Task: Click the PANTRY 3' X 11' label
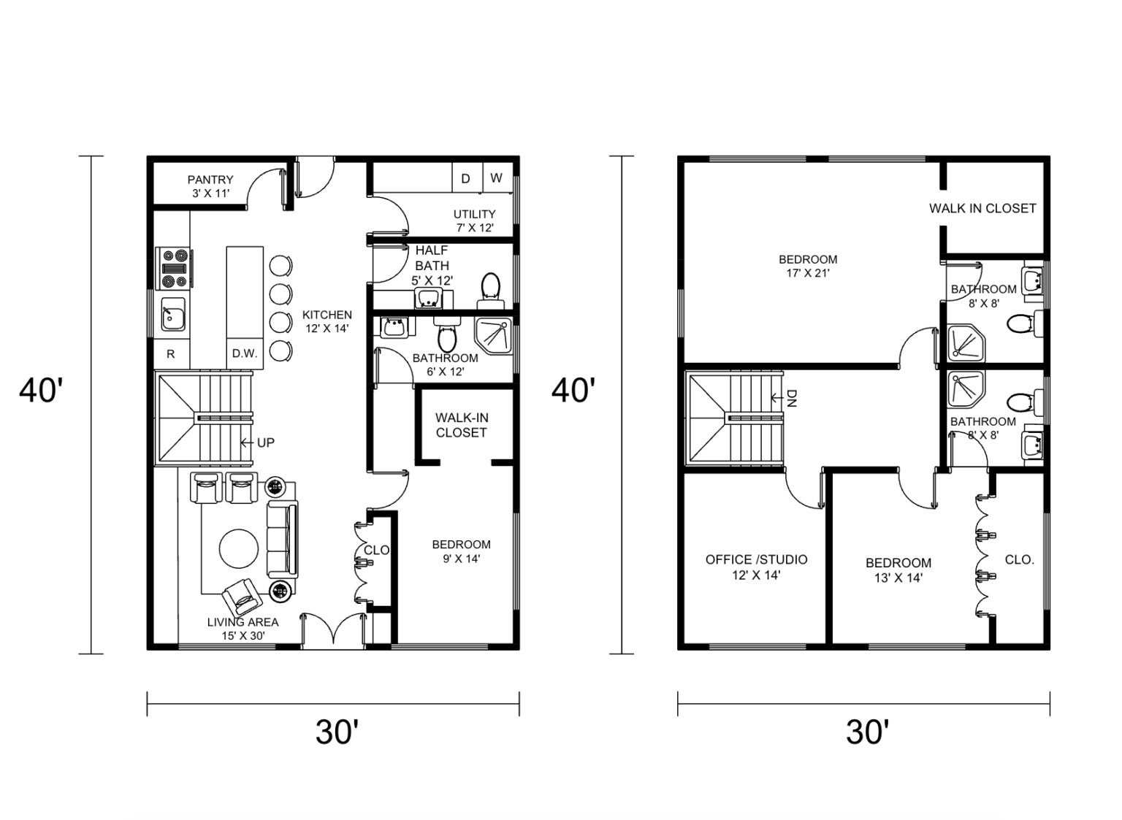210,186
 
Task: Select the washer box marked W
496,178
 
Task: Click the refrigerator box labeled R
171,354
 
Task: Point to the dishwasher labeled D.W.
245,354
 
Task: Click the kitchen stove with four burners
174,268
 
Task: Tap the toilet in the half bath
490,290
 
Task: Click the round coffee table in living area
239,548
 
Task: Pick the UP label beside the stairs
265,442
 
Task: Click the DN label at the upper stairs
792,398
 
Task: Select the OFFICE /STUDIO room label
756,567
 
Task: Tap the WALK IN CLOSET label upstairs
982,208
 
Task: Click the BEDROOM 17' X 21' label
808,267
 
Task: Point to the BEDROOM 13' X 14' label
898,570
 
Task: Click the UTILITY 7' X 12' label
474,221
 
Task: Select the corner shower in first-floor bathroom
494,335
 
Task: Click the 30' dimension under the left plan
337,732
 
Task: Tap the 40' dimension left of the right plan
573,391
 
